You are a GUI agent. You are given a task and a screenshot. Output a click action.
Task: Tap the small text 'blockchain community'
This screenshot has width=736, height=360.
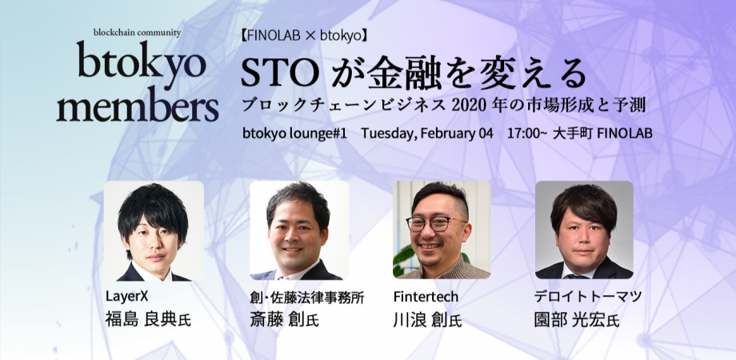point(137,33)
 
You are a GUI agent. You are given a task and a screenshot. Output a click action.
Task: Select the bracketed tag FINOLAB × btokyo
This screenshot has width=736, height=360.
point(304,37)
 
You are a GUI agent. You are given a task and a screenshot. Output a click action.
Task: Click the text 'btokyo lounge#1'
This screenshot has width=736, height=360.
point(294,134)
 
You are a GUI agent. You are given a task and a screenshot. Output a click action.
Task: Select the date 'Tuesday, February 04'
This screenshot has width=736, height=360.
point(426,134)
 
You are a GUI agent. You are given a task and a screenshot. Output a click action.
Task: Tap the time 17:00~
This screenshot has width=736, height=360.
point(527,134)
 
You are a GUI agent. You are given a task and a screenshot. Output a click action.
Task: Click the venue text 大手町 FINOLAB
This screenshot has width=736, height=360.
point(602,134)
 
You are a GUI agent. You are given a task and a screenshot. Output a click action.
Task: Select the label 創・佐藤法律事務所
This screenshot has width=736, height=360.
point(307,297)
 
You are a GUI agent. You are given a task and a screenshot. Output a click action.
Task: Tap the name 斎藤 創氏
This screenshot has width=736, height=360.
point(285,319)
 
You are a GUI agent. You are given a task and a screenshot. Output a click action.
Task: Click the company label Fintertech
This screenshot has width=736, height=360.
point(426,297)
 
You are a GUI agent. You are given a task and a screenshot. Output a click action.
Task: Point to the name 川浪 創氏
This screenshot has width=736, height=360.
point(428,319)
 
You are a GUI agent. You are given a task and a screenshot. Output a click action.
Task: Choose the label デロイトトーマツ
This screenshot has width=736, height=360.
point(588,297)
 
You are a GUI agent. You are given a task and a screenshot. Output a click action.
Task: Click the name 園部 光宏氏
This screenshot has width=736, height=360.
point(577,319)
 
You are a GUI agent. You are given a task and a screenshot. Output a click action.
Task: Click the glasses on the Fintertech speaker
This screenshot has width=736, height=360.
point(435,224)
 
